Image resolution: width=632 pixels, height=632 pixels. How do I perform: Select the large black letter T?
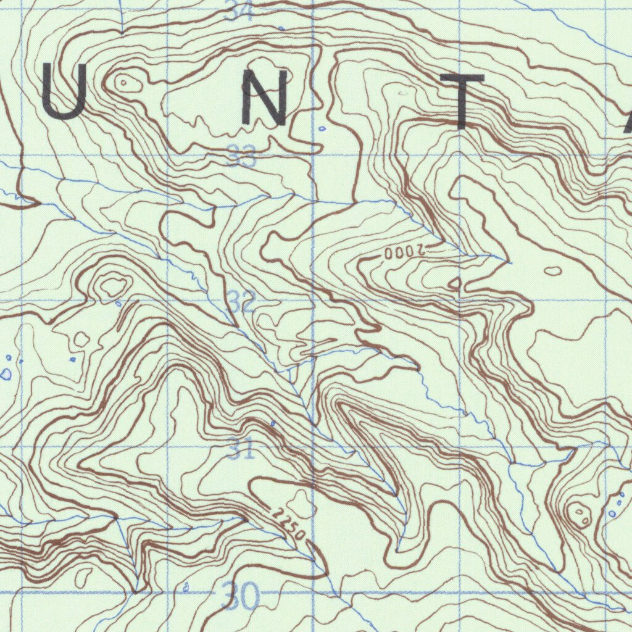click(x=462, y=101)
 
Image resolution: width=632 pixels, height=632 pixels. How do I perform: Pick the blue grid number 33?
click(x=241, y=156)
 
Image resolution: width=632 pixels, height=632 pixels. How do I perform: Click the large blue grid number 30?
click(x=241, y=596)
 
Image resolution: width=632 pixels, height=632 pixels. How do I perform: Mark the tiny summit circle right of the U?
click(x=123, y=81)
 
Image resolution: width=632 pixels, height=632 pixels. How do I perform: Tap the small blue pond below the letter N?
click(x=322, y=128)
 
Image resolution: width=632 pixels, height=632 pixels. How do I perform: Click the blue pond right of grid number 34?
click(x=282, y=28)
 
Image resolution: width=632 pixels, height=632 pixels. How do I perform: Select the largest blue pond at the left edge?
click(x=6, y=374)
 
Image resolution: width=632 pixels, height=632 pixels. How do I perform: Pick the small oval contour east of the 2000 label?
click(x=553, y=270)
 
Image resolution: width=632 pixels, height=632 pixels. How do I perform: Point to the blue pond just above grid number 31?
click(x=273, y=423)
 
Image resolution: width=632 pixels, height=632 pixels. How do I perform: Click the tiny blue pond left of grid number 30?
click(x=186, y=588)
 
